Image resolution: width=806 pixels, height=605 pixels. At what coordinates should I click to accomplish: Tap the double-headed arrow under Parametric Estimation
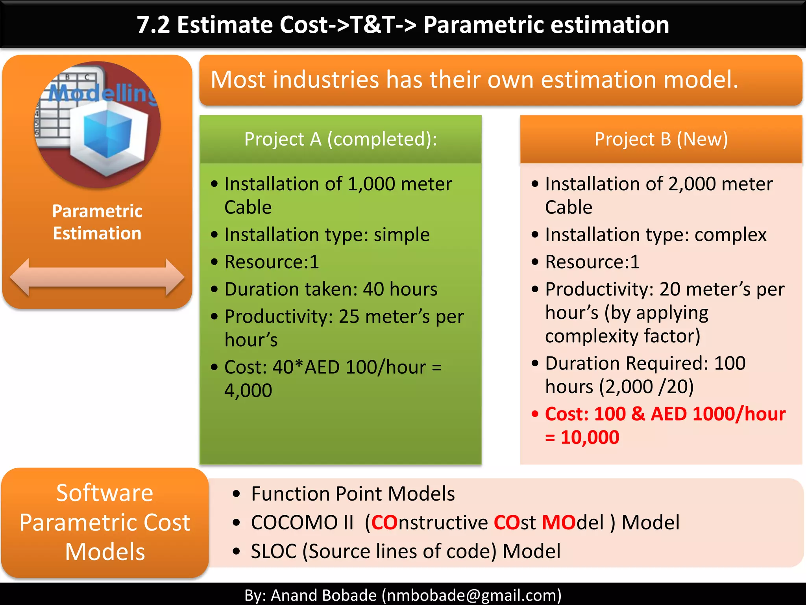97,277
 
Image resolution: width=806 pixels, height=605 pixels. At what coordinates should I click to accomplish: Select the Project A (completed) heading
340,139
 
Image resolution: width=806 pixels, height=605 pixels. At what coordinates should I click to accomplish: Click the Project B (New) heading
661,139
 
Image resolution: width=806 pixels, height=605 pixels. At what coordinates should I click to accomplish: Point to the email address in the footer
471,595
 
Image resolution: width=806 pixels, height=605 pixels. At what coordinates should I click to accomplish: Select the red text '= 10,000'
582,437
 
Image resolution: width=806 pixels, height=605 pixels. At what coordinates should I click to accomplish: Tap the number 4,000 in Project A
248,390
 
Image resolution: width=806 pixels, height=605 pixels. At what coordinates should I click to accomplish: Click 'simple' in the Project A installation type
401,235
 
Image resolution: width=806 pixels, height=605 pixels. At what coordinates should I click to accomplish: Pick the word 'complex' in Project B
730,235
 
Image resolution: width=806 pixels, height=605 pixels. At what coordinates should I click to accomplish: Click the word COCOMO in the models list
294,523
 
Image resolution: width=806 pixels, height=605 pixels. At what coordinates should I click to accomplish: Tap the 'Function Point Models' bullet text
353,494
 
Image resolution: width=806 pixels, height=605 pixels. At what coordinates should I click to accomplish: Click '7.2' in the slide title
153,25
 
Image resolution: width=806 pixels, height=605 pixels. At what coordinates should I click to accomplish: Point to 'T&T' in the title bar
372,25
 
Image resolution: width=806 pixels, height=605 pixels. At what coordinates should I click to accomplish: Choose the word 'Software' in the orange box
104,493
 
